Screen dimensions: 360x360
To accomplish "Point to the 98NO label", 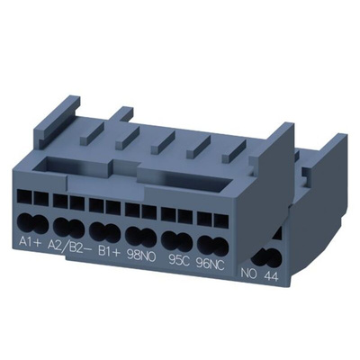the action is pos(142,256).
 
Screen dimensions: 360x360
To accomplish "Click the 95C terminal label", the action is pos(179,260).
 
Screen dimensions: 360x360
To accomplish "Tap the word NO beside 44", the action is pos(249,274).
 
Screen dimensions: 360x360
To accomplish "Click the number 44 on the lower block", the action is pos(272,277).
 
